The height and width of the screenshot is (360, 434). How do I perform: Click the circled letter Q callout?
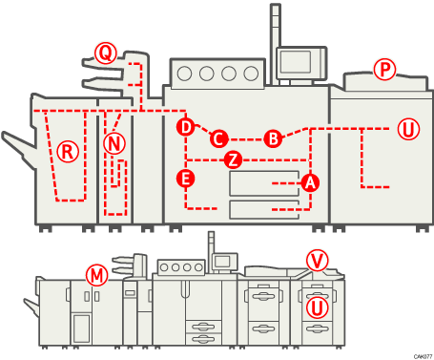[x=104, y=53]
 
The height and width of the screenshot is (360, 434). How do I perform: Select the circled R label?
[x=67, y=151]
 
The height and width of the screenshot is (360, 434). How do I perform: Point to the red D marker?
[x=186, y=127]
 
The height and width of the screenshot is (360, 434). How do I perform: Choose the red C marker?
[x=218, y=138]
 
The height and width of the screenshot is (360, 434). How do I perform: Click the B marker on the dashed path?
[x=273, y=138]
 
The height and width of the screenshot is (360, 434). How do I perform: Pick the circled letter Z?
[x=233, y=159]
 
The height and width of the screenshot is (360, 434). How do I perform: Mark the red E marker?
[x=186, y=178]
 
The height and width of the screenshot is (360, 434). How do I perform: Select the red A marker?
[x=308, y=181]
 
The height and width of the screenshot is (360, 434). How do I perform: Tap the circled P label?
[x=383, y=70]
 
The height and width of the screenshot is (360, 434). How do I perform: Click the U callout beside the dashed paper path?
[x=407, y=128]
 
